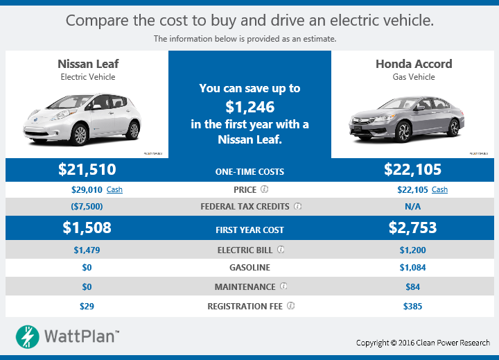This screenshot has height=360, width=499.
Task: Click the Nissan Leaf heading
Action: pos(87,64)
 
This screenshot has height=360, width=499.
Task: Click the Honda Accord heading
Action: pos(413,64)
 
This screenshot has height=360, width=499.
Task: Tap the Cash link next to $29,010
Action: pos(114,189)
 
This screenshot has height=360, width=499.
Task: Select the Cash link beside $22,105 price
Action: pos(439,189)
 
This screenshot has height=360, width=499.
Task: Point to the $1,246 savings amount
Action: pos(249,107)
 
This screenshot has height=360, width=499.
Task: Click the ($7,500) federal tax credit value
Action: pos(87,207)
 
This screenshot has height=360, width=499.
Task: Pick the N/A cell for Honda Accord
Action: pos(413,207)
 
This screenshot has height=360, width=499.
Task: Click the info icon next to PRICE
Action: pos(264,189)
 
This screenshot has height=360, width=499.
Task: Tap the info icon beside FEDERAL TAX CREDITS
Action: pos(297,207)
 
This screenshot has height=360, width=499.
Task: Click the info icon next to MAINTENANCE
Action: pos(283,286)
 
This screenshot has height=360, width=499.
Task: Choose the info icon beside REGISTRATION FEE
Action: pos(291,306)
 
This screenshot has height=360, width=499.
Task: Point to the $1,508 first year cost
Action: pos(87,228)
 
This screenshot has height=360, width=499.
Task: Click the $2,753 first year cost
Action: pos(413,228)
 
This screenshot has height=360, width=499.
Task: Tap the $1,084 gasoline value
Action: pos(413,268)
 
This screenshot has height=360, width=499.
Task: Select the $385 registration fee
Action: pos(413,306)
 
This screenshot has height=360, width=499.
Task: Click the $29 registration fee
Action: pos(87,306)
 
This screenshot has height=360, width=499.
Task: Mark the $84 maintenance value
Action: pos(413,286)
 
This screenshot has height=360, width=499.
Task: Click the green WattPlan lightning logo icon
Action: pos(28,336)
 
